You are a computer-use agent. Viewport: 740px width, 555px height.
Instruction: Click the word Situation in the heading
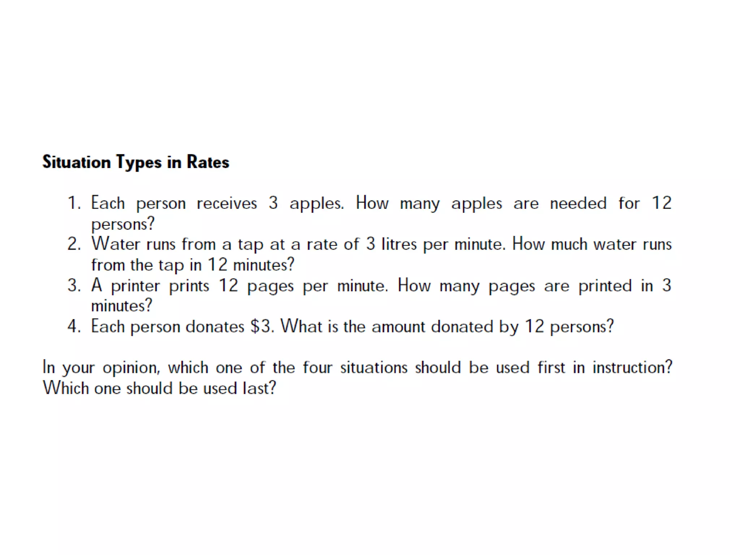point(77,162)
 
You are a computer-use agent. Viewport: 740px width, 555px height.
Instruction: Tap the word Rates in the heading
point(208,162)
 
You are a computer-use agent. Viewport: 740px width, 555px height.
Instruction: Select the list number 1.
point(73,203)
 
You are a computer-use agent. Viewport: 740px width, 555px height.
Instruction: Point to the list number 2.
point(74,244)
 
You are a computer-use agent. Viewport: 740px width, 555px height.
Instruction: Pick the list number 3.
point(74,285)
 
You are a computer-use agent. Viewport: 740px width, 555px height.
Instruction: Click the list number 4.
point(74,326)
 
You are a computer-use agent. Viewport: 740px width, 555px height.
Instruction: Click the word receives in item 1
point(227,203)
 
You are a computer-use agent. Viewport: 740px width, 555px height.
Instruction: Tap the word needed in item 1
point(578,203)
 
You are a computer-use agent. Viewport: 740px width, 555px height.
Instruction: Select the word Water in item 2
point(115,244)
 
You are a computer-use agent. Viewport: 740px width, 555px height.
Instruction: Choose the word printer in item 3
point(135,286)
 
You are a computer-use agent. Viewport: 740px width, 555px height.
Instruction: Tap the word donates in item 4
point(215,326)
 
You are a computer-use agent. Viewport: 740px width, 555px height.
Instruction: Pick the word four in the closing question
point(317,367)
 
